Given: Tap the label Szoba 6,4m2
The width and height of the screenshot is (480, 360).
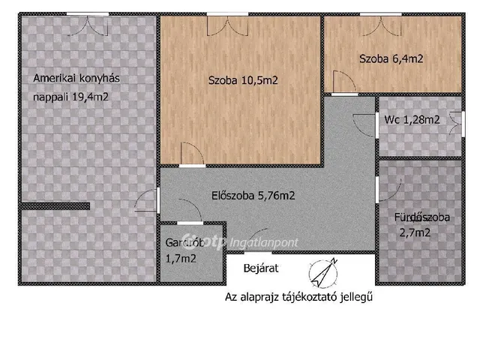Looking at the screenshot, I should tap(390, 58).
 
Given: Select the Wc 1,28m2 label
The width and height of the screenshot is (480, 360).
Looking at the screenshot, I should tap(412, 119).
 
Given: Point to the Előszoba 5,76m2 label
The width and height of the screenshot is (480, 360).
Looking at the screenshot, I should tap(253, 196).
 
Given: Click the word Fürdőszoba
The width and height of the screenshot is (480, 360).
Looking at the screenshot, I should tap(422, 217).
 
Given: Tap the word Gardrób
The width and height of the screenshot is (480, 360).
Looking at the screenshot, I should tap(184, 243).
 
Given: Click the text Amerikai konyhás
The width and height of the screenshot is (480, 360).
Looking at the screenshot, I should tap(76, 78).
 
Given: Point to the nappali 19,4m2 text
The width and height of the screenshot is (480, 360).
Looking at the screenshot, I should tap(72, 96).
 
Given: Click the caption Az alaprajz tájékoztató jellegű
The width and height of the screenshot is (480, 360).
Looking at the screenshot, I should tap(299, 296).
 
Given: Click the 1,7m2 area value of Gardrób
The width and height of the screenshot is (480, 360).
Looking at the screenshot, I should tap(181, 259).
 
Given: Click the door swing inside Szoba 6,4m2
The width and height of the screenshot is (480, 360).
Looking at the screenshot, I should tap(340, 82).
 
